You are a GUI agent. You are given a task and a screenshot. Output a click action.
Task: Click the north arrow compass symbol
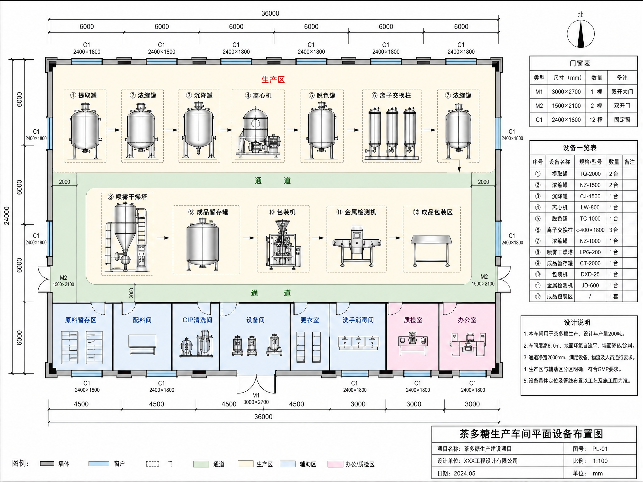point(581,34)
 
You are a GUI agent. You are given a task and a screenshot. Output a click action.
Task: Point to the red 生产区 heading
point(273,80)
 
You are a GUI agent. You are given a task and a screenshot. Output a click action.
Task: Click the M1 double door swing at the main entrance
point(256,383)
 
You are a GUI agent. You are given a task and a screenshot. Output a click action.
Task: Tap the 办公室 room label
point(467,320)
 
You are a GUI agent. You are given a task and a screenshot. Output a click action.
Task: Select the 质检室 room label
point(413,320)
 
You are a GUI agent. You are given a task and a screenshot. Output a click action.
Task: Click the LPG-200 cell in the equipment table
point(590,252)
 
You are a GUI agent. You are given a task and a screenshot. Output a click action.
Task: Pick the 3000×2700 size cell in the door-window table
point(566,92)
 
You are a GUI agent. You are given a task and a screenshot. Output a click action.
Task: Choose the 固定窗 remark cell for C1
point(622,120)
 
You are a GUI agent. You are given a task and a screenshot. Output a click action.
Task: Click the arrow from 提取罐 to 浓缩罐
point(114,130)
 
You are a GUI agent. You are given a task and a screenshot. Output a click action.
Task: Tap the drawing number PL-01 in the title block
point(600,449)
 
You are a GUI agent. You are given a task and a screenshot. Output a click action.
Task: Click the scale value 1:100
point(600,461)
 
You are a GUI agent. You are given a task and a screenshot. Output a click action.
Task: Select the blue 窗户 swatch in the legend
point(99,464)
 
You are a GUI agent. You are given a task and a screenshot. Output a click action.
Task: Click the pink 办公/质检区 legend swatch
point(335,464)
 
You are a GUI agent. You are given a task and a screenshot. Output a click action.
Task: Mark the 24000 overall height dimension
point(7,216)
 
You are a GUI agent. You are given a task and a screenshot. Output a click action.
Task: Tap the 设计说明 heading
point(577,323)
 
